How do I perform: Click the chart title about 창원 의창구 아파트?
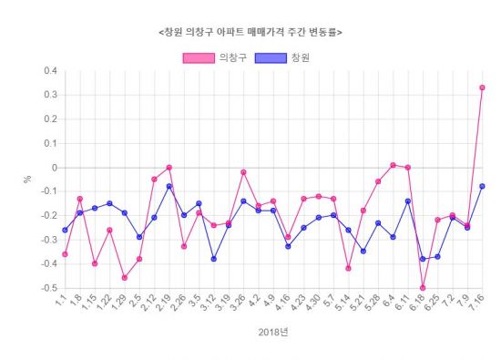click(250, 32)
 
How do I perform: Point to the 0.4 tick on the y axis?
click(50, 71)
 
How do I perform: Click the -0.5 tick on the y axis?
click(48, 288)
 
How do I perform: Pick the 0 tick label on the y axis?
click(55, 168)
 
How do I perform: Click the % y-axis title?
click(28, 179)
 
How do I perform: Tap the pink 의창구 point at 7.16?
click(482, 87)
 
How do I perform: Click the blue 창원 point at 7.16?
click(482, 186)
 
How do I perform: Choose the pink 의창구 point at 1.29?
click(124, 277)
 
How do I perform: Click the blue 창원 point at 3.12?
click(213, 259)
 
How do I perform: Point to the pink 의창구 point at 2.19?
click(169, 168)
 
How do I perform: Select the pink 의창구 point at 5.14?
click(348, 268)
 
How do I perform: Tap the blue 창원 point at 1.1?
click(65, 230)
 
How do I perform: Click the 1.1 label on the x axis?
click(59, 302)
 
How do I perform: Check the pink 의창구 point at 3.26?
click(243, 172)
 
